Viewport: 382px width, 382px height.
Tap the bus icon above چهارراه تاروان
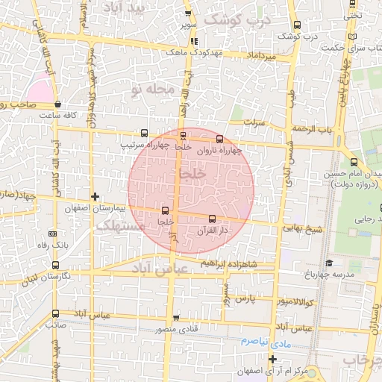coord(219,139)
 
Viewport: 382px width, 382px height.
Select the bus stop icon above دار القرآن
coord(213,219)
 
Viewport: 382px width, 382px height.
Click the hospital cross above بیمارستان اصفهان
coord(95,195)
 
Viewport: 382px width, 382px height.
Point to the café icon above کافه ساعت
coord(58,105)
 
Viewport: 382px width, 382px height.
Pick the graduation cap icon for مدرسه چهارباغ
coord(328,263)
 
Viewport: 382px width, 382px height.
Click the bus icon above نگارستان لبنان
coord(55,265)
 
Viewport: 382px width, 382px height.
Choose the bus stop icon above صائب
coord(55,313)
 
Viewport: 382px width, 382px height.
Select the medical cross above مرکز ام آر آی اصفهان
coord(272,360)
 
